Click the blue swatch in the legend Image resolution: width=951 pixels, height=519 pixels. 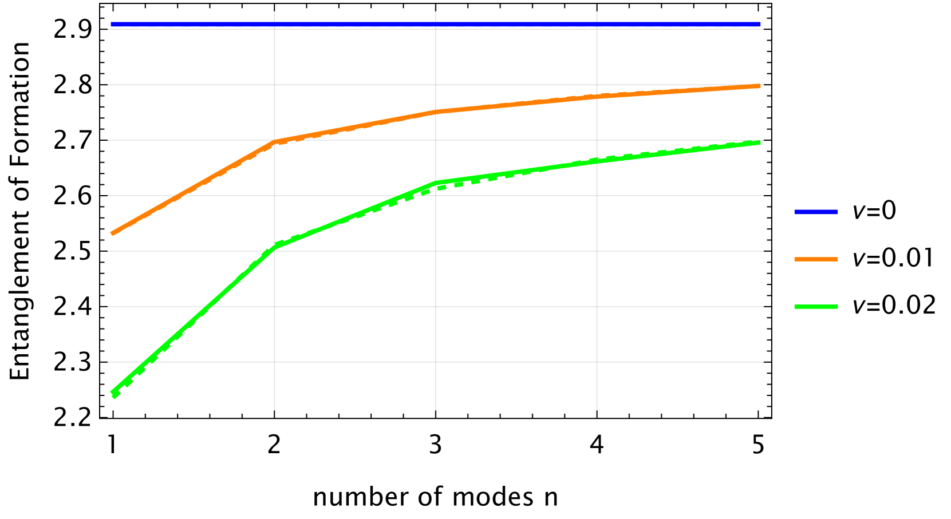816,212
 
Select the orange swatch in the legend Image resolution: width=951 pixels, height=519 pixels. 816,259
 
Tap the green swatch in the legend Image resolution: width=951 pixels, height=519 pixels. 816,307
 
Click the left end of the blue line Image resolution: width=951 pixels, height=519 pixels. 112,25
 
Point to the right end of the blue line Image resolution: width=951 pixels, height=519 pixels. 760,25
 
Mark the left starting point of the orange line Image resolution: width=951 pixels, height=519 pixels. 112,233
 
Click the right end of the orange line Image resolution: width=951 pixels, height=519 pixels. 760,86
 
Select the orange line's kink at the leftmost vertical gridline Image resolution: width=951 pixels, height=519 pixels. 274,141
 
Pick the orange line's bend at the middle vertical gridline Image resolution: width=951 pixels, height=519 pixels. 436,112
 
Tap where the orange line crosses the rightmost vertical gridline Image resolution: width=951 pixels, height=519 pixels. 597,97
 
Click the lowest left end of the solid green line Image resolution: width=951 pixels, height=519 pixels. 112,392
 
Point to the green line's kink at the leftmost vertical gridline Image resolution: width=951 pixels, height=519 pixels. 274,247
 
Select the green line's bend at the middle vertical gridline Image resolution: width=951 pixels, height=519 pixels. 436,183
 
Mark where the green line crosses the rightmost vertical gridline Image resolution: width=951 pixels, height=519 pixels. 597,161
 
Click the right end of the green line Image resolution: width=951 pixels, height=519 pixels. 760,142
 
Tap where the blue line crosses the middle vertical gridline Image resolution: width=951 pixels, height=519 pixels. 436,25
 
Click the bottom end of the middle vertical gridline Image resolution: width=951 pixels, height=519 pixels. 436,410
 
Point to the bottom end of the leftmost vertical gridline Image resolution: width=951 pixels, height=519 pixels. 274,410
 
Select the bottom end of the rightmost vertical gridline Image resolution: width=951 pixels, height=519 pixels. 597,410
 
